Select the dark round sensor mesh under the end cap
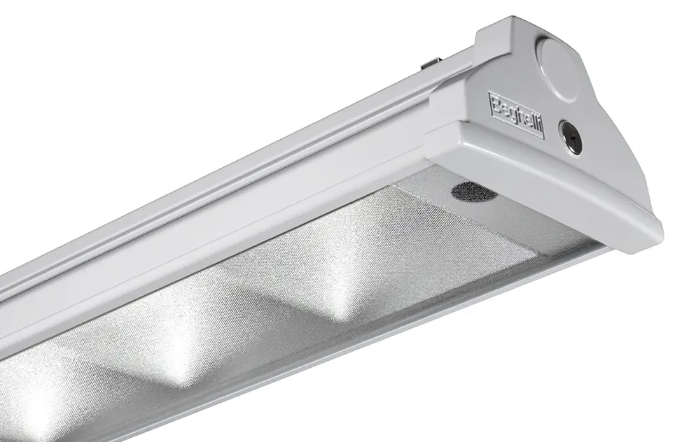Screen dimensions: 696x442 pos(473,191)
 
